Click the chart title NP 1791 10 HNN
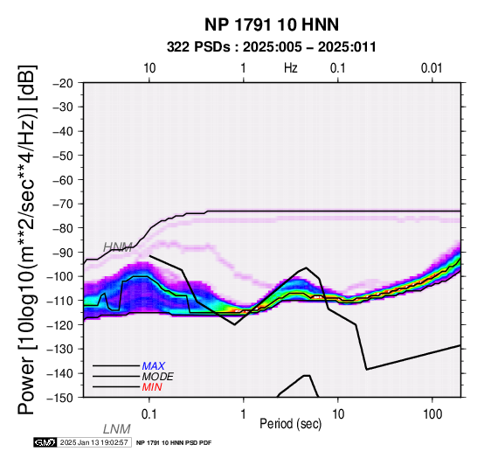(272, 24)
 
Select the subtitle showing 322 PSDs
(272, 47)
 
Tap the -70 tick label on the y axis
(63, 204)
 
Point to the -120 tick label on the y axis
(60, 325)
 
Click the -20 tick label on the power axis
(63, 83)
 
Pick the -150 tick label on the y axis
(60, 398)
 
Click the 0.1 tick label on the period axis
(149, 414)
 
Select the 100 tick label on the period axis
(432, 414)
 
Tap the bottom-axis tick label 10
(338, 414)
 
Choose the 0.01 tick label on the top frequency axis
(432, 68)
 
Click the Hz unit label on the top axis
(291, 68)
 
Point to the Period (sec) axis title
(291, 424)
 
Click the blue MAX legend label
(154, 366)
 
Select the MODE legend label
(158, 377)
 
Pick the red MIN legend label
(152, 387)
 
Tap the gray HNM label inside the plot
(118, 247)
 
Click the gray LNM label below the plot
(117, 429)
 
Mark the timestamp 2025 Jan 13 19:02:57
(93, 442)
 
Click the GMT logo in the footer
(45, 442)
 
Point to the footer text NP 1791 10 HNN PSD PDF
(174, 443)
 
